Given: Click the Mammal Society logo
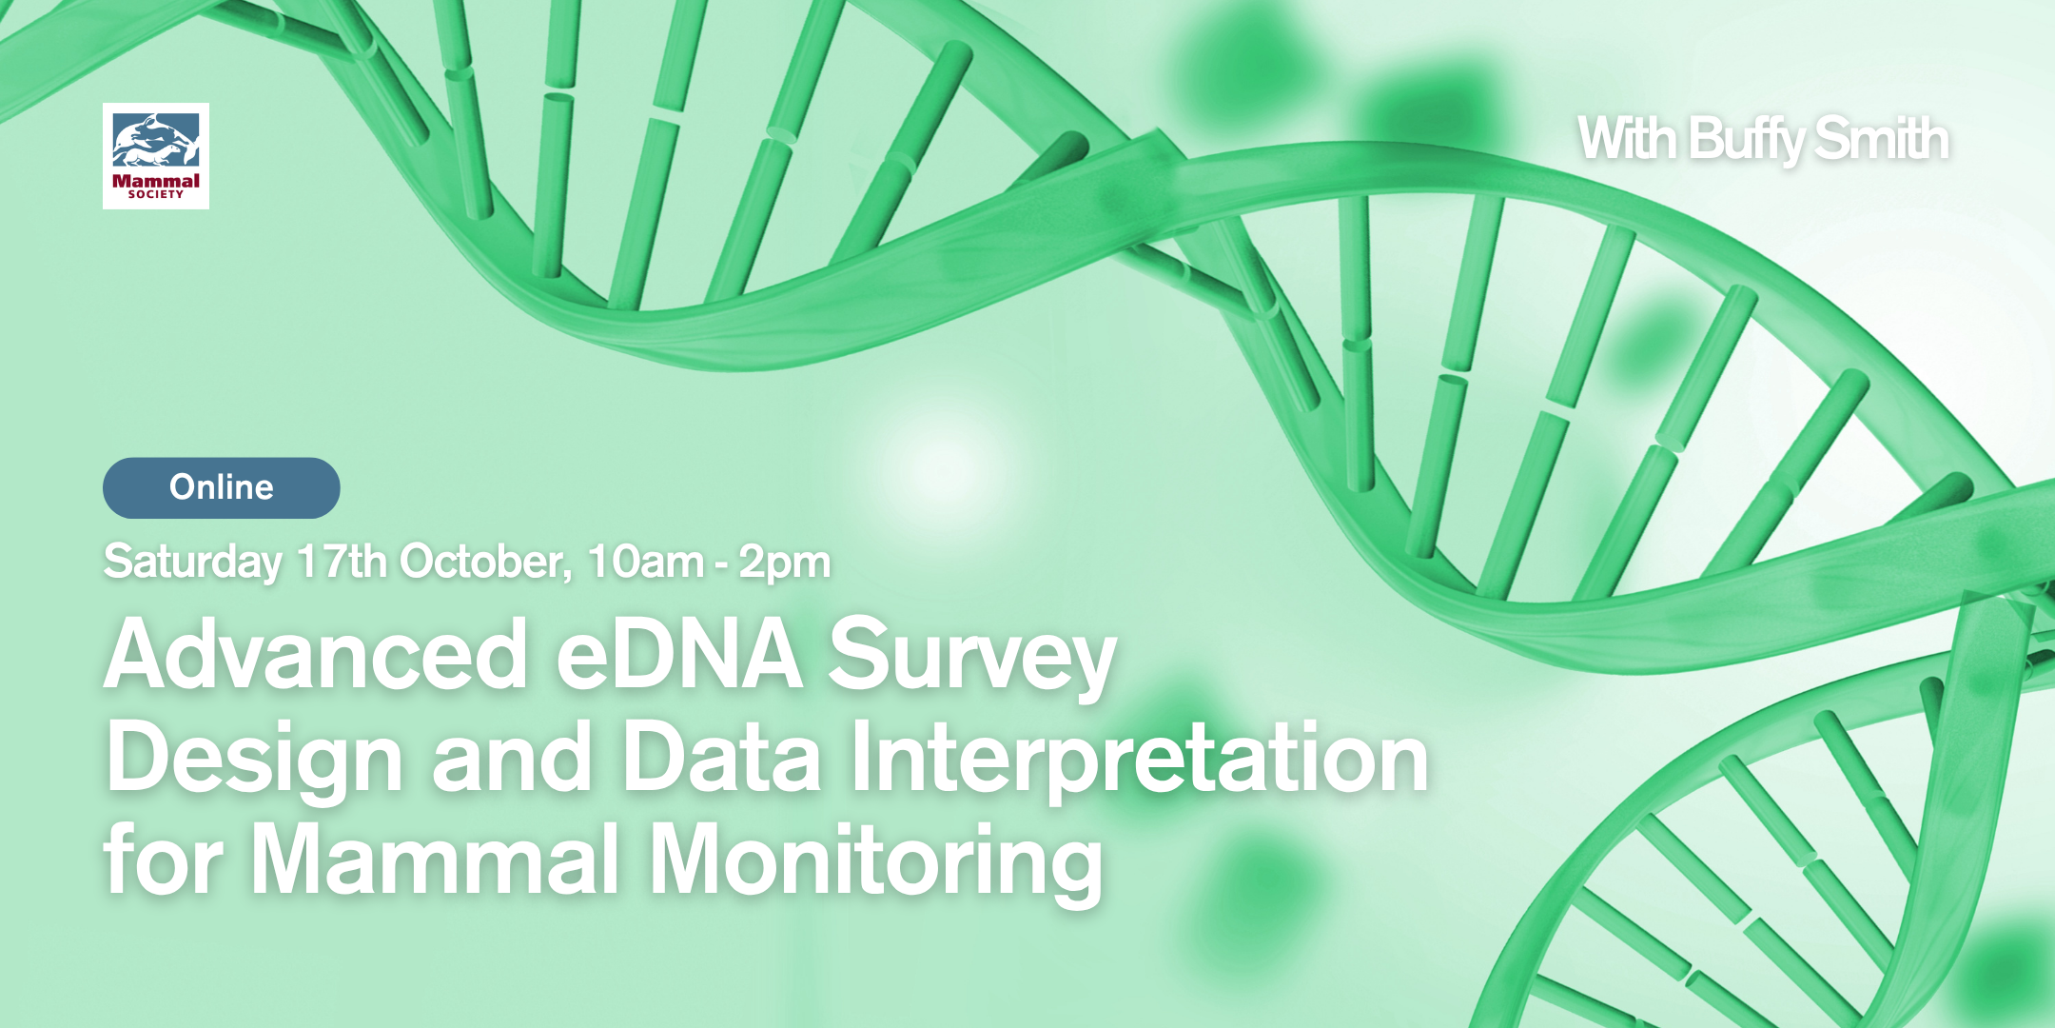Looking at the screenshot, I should [156, 156].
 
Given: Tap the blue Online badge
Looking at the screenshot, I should [221, 487].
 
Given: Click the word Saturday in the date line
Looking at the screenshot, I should [192, 562].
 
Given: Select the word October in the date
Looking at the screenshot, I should [485, 562].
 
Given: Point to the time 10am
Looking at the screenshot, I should [645, 562].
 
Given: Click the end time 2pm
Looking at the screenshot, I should [785, 562].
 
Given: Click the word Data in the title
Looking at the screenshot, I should [721, 758].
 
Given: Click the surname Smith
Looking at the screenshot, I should [1881, 139].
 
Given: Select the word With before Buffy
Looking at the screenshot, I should [1627, 139].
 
